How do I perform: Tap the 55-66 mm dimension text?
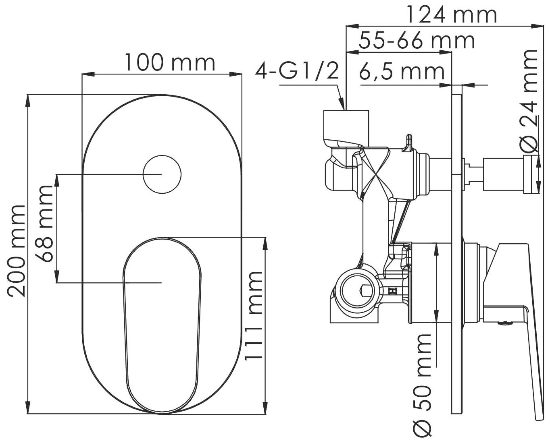click(417, 40)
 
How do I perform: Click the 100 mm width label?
click(170, 62)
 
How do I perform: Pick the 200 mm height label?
click(17, 250)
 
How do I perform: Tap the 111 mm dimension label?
click(254, 316)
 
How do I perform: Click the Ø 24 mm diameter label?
click(530, 101)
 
